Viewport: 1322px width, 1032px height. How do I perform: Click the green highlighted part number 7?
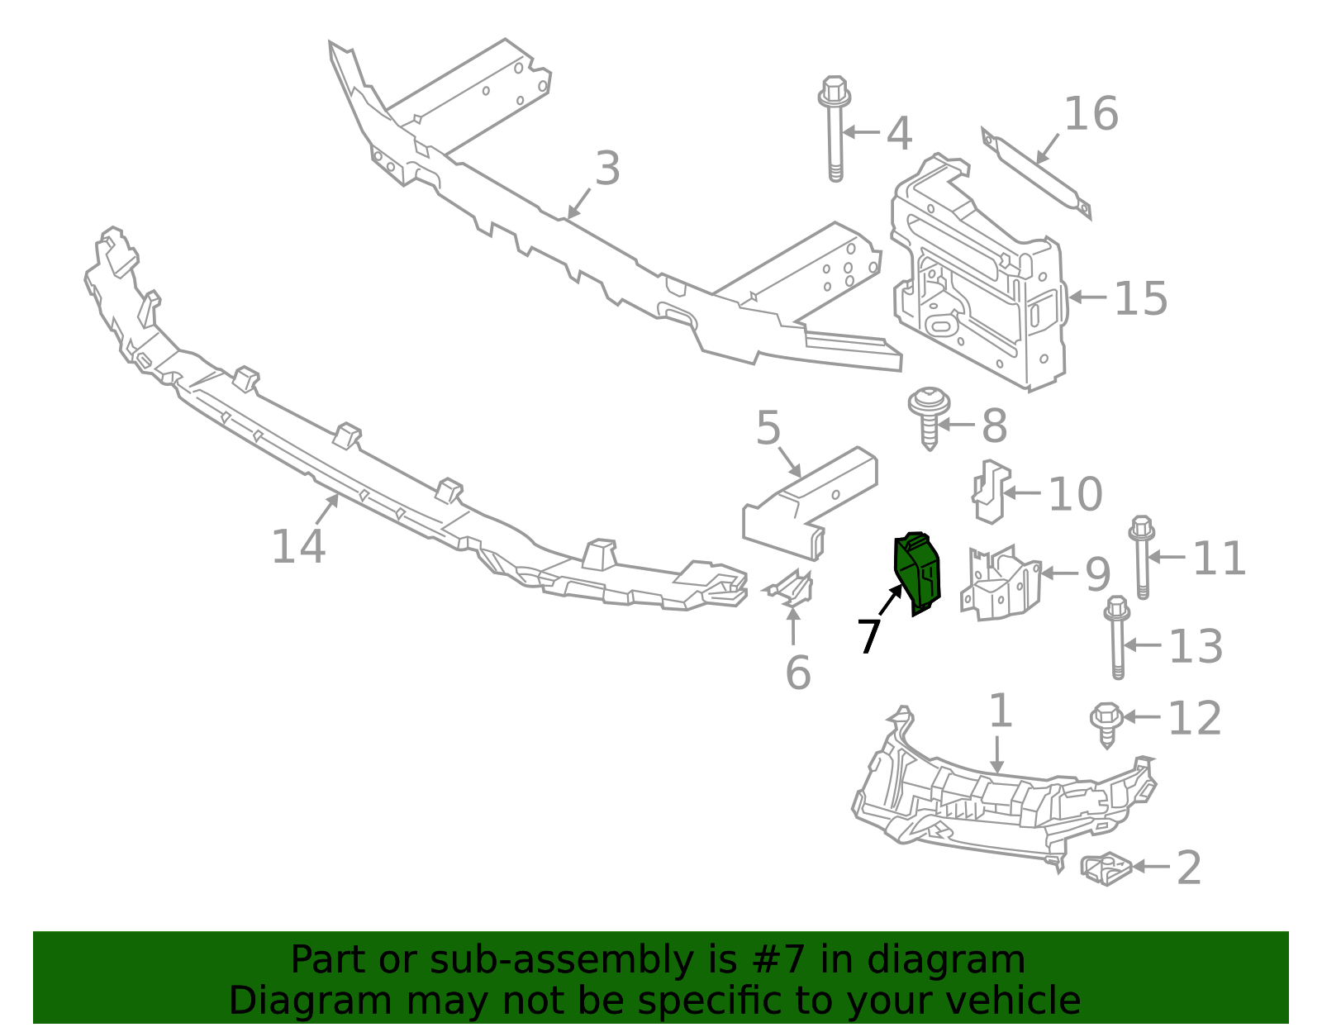pyautogui.click(x=917, y=573)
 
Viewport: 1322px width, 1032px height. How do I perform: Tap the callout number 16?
pyautogui.click(x=1091, y=114)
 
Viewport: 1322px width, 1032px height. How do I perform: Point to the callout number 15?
pyautogui.click(x=1140, y=298)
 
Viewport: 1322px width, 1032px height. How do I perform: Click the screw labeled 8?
pyautogui.click(x=929, y=417)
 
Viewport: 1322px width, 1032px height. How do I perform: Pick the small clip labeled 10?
pyautogui.click(x=990, y=491)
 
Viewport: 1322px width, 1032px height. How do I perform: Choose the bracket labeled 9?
pyautogui.click(x=1000, y=583)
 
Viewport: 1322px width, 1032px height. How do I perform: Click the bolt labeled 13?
pyautogui.click(x=1117, y=636)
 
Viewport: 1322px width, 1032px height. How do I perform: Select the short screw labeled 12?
pyautogui.click(x=1106, y=722)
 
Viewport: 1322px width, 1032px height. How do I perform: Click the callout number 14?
pyautogui.click(x=298, y=547)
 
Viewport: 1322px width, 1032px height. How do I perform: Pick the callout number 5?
pyautogui.click(x=768, y=428)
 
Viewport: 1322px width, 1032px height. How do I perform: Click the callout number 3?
pyautogui.click(x=607, y=169)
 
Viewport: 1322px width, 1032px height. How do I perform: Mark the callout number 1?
pyautogui.click(x=1000, y=711)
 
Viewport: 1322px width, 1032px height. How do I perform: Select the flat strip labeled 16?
pyautogui.click(x=1036, y=173)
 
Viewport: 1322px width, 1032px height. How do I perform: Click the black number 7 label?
pyautogui.click(x=868, y=636)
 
